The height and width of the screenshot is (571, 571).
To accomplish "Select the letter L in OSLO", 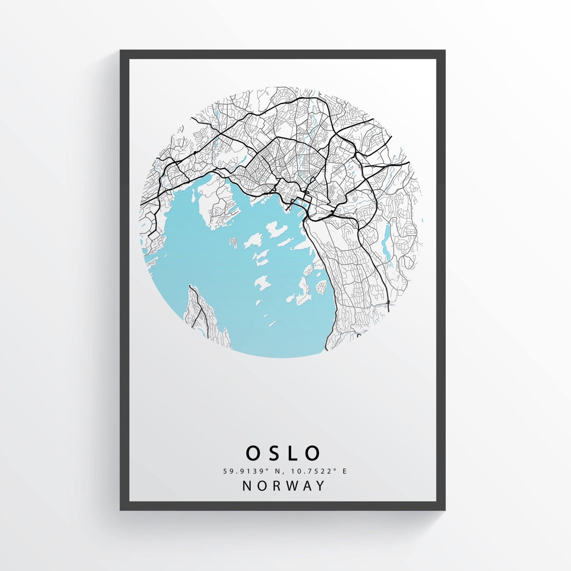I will [294, 453].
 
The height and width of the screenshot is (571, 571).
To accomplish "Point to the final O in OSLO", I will [313, 453].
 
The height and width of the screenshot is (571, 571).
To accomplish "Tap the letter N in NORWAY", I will [247, 486].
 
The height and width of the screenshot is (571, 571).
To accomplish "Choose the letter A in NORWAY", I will [305, 486].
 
